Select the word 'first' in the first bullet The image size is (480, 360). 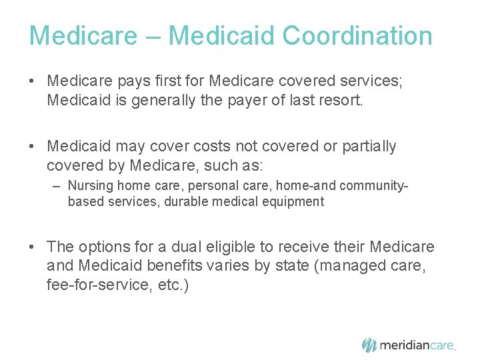pos(172,81)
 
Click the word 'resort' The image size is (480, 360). pos(336,101)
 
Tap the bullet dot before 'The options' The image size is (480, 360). pos(32,247)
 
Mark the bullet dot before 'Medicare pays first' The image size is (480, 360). pos(32,81)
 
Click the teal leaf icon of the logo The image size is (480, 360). pos(369,345)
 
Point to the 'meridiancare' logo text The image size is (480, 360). pos(417,345)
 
